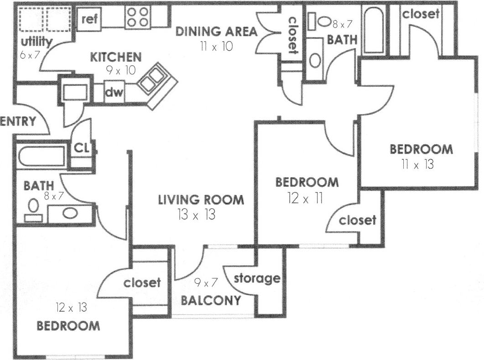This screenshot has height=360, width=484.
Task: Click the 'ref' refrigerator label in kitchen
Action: click(90, 20)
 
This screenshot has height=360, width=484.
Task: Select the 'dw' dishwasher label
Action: click(114, 93)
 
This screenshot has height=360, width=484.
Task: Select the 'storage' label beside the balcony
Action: click(256, 278)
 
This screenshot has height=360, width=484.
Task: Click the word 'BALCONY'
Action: click(210, 301)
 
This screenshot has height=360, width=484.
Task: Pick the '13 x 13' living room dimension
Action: click(196, 215)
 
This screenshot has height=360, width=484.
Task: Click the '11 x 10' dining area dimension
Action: click(216, 47)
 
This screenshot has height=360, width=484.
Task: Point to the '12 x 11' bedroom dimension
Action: click(305, 198)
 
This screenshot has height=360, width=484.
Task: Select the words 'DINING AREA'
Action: click(217, 31)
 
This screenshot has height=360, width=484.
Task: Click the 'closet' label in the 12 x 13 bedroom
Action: click(142, 282)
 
